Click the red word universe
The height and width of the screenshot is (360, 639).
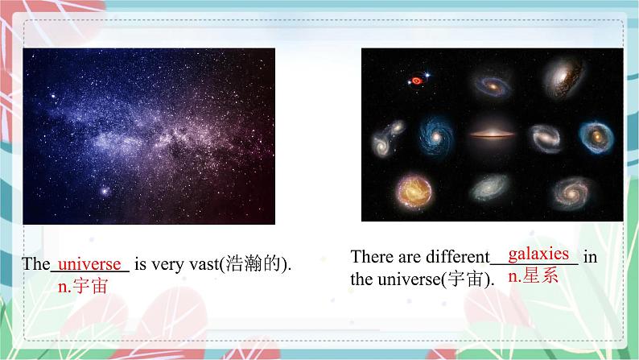89,265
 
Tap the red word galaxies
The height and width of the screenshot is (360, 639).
538,254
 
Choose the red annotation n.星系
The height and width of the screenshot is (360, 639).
533,276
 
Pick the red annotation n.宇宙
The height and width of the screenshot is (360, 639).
83,287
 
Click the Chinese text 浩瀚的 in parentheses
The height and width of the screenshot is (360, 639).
253,264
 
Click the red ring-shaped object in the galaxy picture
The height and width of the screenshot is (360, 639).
416,81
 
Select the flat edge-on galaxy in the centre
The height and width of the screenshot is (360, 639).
492,134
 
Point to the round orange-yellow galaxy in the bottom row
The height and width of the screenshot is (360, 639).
414,192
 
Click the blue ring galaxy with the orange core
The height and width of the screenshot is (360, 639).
596,137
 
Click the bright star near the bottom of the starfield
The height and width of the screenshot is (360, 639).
105,191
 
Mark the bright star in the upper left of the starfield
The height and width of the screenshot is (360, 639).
53,96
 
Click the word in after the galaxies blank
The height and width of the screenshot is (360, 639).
590,257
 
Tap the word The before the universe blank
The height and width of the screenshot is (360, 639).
36,264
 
